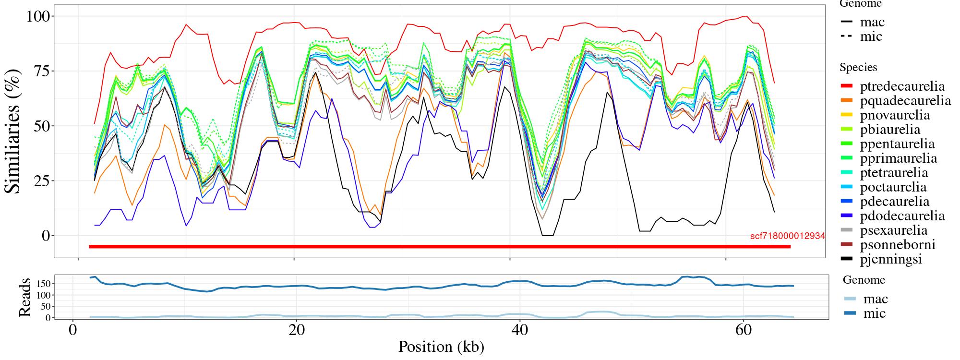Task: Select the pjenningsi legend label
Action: [891, 259]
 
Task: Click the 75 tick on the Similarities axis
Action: [40, 71]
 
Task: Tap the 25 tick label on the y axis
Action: [40, 181]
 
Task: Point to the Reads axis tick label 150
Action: [44, 284]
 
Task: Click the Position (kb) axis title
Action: [441, 347]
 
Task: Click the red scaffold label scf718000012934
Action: [787, 236]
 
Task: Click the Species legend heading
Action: [858, 68]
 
